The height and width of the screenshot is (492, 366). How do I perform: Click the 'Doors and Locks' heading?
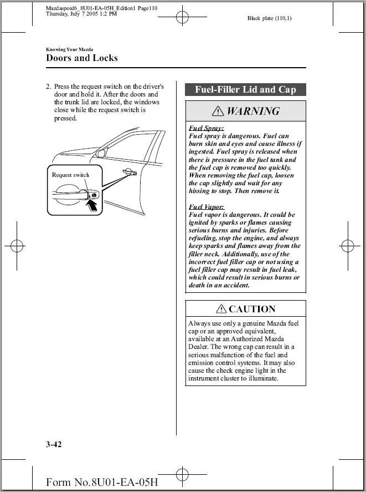82,58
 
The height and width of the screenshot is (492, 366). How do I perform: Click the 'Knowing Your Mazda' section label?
69,49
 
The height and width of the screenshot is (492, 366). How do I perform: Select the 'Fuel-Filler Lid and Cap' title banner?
245,90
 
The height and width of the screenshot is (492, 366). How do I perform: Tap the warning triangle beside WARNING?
219,111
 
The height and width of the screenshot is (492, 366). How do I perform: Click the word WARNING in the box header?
253,111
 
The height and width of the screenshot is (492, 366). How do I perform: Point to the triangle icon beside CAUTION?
221,310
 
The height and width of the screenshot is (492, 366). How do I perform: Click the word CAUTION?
252,310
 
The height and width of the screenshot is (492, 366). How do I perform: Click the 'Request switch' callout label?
70,175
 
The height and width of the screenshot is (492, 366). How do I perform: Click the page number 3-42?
54,444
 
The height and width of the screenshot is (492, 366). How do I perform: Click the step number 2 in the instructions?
48,87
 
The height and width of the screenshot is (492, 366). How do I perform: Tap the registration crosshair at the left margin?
17,245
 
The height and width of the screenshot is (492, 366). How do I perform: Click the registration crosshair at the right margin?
348,245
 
